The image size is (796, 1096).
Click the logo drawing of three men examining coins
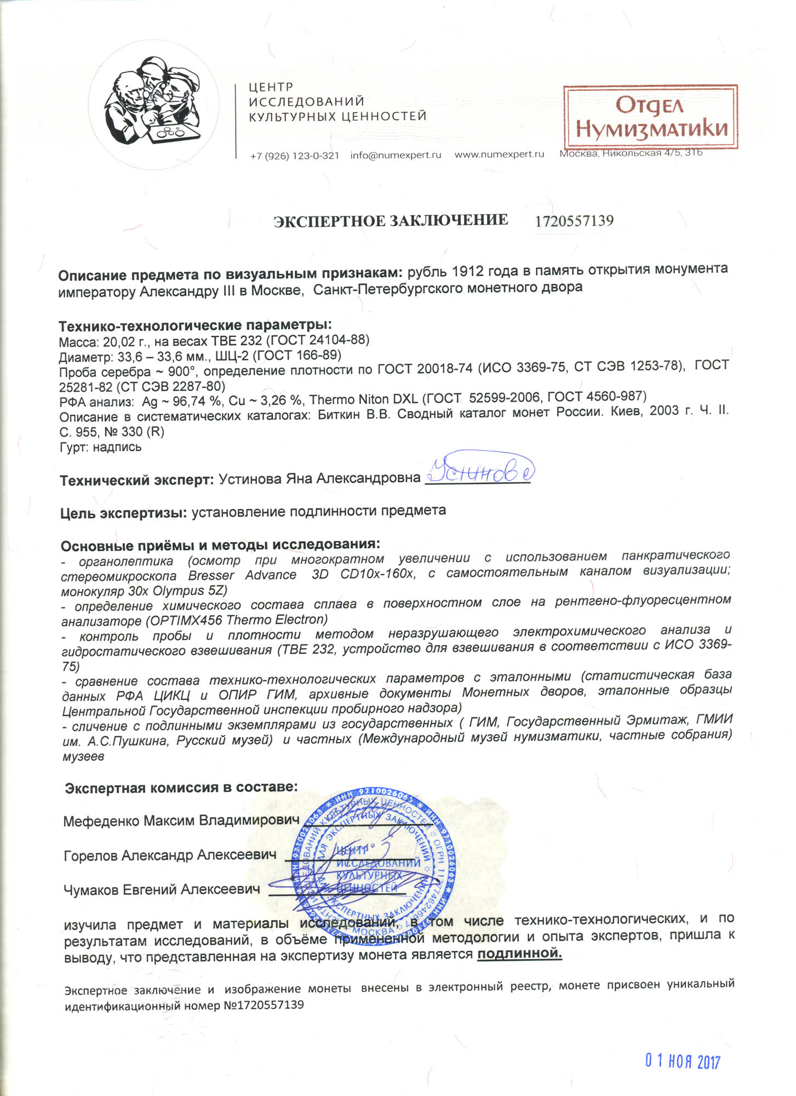point(153,102)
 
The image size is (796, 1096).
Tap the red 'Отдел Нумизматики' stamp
point(651,117)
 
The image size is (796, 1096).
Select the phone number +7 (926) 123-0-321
point(294,156)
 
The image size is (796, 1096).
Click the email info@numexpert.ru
point(396,155)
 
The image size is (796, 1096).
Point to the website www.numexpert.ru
point(499,155)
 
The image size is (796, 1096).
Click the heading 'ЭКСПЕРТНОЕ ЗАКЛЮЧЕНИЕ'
point(391,221)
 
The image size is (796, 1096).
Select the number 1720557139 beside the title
point(574,221)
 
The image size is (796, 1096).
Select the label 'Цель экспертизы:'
point(124,513)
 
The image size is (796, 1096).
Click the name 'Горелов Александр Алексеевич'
point(170,855)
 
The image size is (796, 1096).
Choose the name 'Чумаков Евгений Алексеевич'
point(162,889)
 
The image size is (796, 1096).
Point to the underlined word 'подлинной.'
point(519,954)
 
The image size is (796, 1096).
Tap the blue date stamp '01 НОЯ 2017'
point(682,1061)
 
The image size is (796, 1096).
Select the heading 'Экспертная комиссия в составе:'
point(181,787)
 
